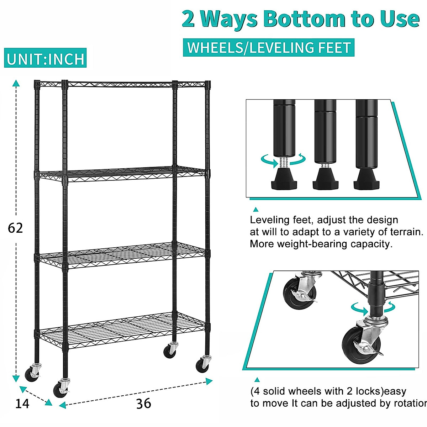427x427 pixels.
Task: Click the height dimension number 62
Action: click(x=15, y=228)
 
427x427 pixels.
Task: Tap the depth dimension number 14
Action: click(x=22, y=404)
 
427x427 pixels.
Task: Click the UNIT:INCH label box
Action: click(x=46, y=59)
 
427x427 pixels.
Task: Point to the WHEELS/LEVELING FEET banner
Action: click(x=269, y=48)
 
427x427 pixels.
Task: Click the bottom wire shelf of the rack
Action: click(x=121, y=329)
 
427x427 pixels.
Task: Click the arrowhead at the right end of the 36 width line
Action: click(x=209, y=381)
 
